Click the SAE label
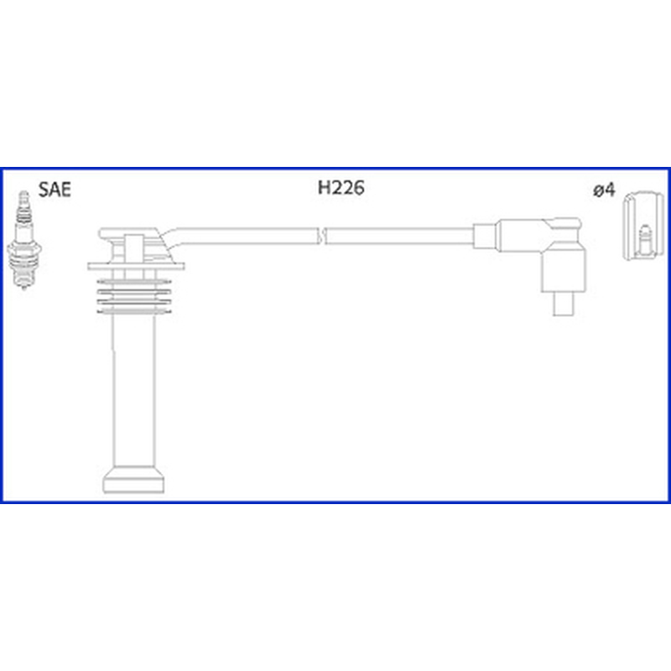tap(55, 190)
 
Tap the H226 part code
tap(341, 187)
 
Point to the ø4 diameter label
tap(604, 190)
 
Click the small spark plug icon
tap(24, 240)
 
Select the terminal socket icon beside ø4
tap(644, 226)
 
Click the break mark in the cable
tap(322, 236)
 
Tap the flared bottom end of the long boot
tap(133, 480)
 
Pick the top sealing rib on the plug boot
tap(134, 282)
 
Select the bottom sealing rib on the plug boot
tap(134, 311)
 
